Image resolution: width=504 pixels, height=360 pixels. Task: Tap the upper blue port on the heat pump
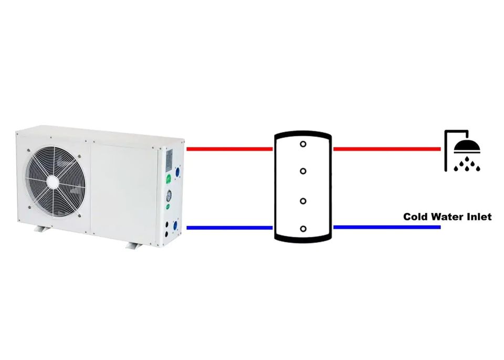tap(177, 171)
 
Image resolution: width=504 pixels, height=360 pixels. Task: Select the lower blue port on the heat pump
tap(175, 226)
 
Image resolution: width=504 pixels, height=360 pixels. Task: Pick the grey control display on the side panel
tap(169, 160)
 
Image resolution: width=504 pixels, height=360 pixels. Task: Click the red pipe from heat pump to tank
tap(229, 149)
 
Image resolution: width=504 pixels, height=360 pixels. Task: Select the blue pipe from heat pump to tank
tap(229, 228)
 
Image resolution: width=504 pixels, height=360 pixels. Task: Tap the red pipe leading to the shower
tap(386, 149)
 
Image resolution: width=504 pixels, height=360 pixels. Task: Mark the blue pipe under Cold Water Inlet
tap(386, 228)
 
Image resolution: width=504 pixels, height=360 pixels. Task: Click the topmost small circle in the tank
tap(303, 143)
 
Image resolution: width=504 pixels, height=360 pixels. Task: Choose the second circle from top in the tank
tap(303, 171)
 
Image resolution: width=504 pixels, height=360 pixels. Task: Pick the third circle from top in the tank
tap(303, 200)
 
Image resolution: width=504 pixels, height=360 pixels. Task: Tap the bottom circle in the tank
tap(303, 228)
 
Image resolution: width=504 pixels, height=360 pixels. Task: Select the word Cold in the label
tap(415, 217)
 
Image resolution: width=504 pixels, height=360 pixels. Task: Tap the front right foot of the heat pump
tap(134, 245)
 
